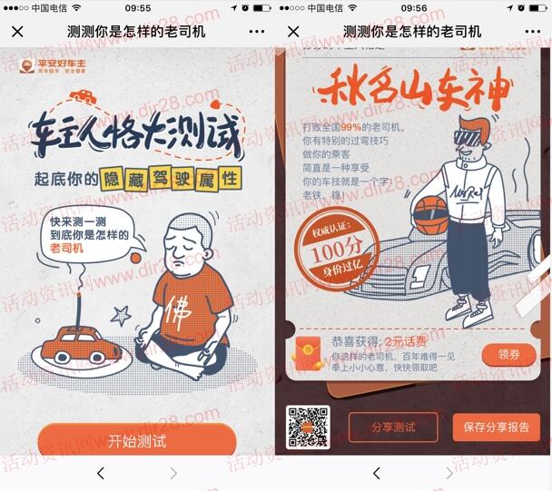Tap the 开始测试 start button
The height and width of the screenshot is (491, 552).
(x=136, y=442)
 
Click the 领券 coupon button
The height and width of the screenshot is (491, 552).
(x=508, y=354)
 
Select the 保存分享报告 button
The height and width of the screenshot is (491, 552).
(x=482, y=427)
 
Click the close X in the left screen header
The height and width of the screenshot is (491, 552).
(x=17, y=32)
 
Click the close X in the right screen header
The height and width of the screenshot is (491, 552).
(x=293, y=32)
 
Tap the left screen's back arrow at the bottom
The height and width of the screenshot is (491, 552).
(x=100, y=473)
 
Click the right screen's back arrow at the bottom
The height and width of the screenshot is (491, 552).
(x=376, y=473)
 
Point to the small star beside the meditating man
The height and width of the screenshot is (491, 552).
(x=119, y=315)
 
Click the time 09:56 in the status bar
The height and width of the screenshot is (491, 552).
(x=414, y=8)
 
